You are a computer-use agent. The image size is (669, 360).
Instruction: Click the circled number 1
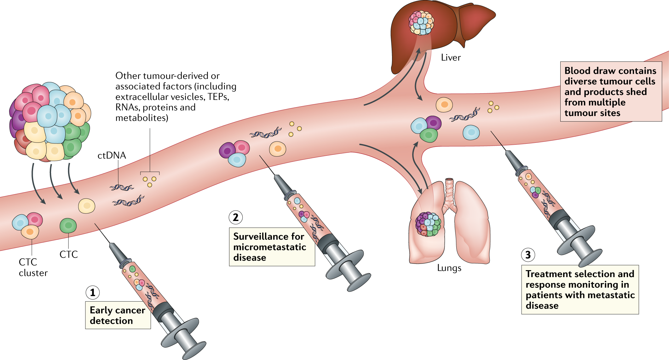tap(93, 293)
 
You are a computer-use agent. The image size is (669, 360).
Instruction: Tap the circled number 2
tap(236, 218)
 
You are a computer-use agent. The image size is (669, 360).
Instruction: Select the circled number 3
tap(528, 255)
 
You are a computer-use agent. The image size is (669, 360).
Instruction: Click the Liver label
tap(451, 58)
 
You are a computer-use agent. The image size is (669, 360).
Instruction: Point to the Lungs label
tap(449, 268)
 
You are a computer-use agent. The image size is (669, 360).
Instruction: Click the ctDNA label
tap(112, 155)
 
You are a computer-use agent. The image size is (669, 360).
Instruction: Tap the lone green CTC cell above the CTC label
tap(68, 226)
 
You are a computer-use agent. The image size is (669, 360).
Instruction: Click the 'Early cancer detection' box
tap(118, 315)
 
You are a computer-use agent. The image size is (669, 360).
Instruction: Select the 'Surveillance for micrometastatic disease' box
tap(272, 247)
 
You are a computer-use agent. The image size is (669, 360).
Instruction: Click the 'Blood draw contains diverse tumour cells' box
tap(611, 91)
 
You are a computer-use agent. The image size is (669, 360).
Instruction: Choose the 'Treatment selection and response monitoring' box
tap(580, 289)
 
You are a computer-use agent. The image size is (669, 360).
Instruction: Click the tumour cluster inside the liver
tap(421, 23)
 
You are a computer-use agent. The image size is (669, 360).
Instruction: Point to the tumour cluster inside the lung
tap(428, 224)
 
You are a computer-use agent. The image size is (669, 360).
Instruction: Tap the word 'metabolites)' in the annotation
tap(142, 118)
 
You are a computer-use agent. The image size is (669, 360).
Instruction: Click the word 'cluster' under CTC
tap(33, 273)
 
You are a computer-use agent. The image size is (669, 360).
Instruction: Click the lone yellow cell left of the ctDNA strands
tap(87, 206)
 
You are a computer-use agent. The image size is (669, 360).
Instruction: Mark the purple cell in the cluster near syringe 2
tap(227, 150)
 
